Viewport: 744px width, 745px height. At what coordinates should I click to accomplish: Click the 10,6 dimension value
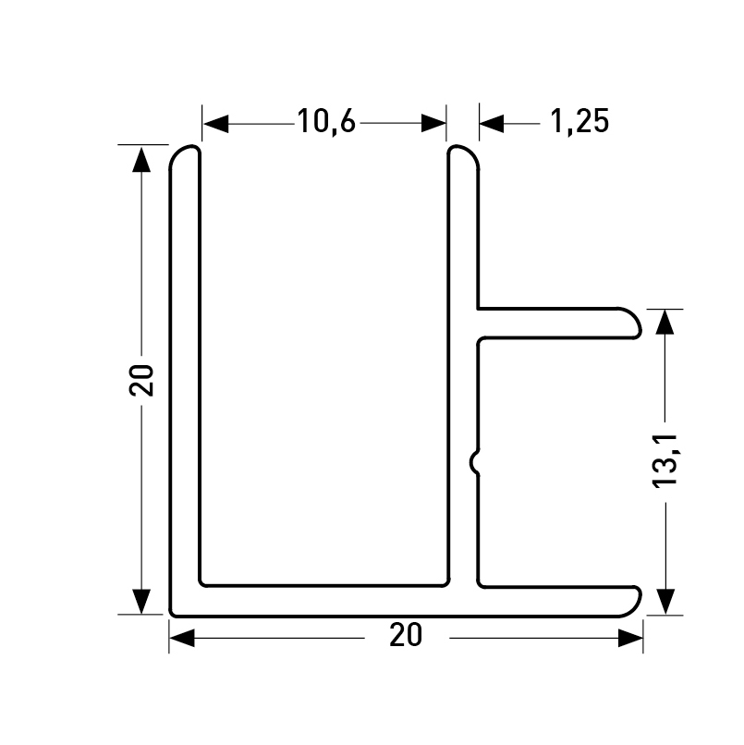326,122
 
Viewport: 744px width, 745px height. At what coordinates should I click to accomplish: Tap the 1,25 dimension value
579,122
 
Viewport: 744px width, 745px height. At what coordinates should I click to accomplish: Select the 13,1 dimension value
665,461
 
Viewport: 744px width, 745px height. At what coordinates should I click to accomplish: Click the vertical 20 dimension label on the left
141,380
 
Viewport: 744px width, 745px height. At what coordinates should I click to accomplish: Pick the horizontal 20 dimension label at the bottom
405,635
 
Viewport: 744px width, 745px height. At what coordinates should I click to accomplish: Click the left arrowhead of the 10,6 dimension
215,124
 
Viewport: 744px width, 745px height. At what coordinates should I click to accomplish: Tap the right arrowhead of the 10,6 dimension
433,124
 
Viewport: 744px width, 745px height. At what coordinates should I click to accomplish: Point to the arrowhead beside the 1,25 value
492,124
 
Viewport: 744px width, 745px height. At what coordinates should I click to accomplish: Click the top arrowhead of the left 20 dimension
141,159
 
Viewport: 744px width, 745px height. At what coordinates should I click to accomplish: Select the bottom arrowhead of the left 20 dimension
141,602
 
